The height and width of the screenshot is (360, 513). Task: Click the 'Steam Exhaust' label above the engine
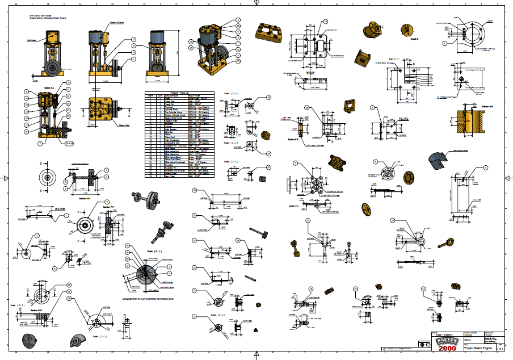(x=116, y=23)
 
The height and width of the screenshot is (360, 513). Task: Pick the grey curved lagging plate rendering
(x=439, y=160)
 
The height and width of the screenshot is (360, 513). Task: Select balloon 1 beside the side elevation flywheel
(x=133, y=58)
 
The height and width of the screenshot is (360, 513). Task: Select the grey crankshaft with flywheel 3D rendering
(x=149, y=199)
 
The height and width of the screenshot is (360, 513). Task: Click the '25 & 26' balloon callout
(x=69, y=144)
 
